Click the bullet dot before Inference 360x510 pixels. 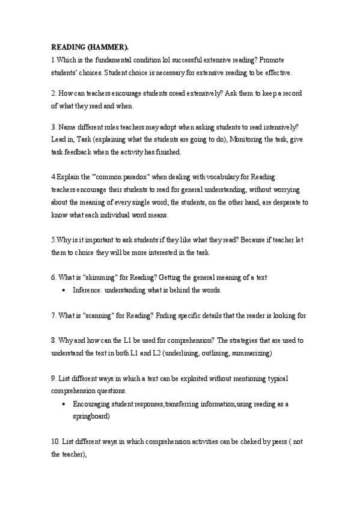tap(64, 290)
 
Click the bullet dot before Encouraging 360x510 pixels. tap(64, 404)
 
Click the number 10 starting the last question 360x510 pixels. tap(55, 442)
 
